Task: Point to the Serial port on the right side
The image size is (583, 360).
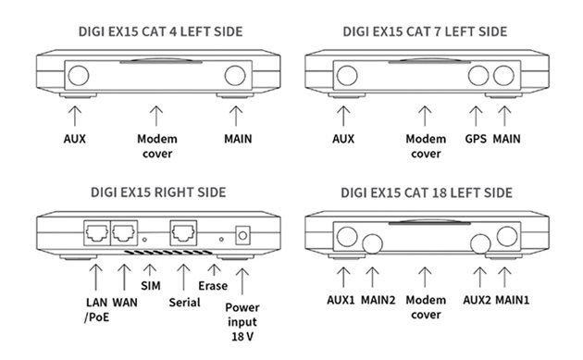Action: coord(181,233)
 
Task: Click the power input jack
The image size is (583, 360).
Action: coord(244,235)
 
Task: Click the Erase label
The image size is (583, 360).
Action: coord(213,286)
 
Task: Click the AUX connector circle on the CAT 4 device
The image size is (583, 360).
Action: coord(79,76)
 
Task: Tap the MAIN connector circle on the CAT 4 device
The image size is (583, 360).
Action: coord(235,76)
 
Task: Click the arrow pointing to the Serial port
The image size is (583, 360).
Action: coord(182,275)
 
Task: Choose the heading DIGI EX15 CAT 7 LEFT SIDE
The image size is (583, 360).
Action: coord(426,31)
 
